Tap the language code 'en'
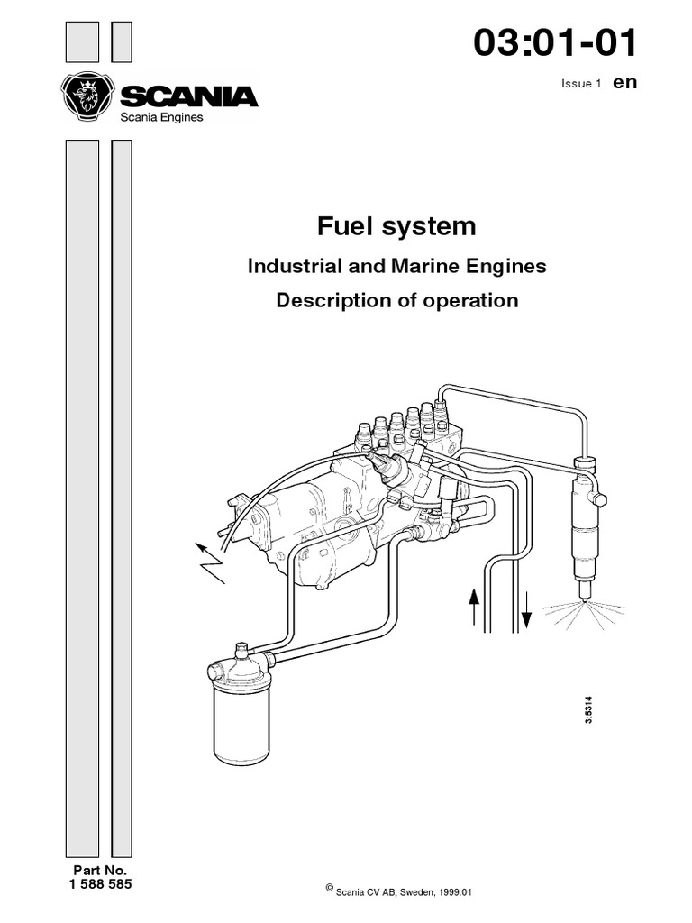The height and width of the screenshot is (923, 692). click(624, 82)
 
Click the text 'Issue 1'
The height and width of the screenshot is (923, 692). click(581, 84)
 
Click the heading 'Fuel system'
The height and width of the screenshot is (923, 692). click(396, 225)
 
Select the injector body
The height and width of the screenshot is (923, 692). click(581, 532)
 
